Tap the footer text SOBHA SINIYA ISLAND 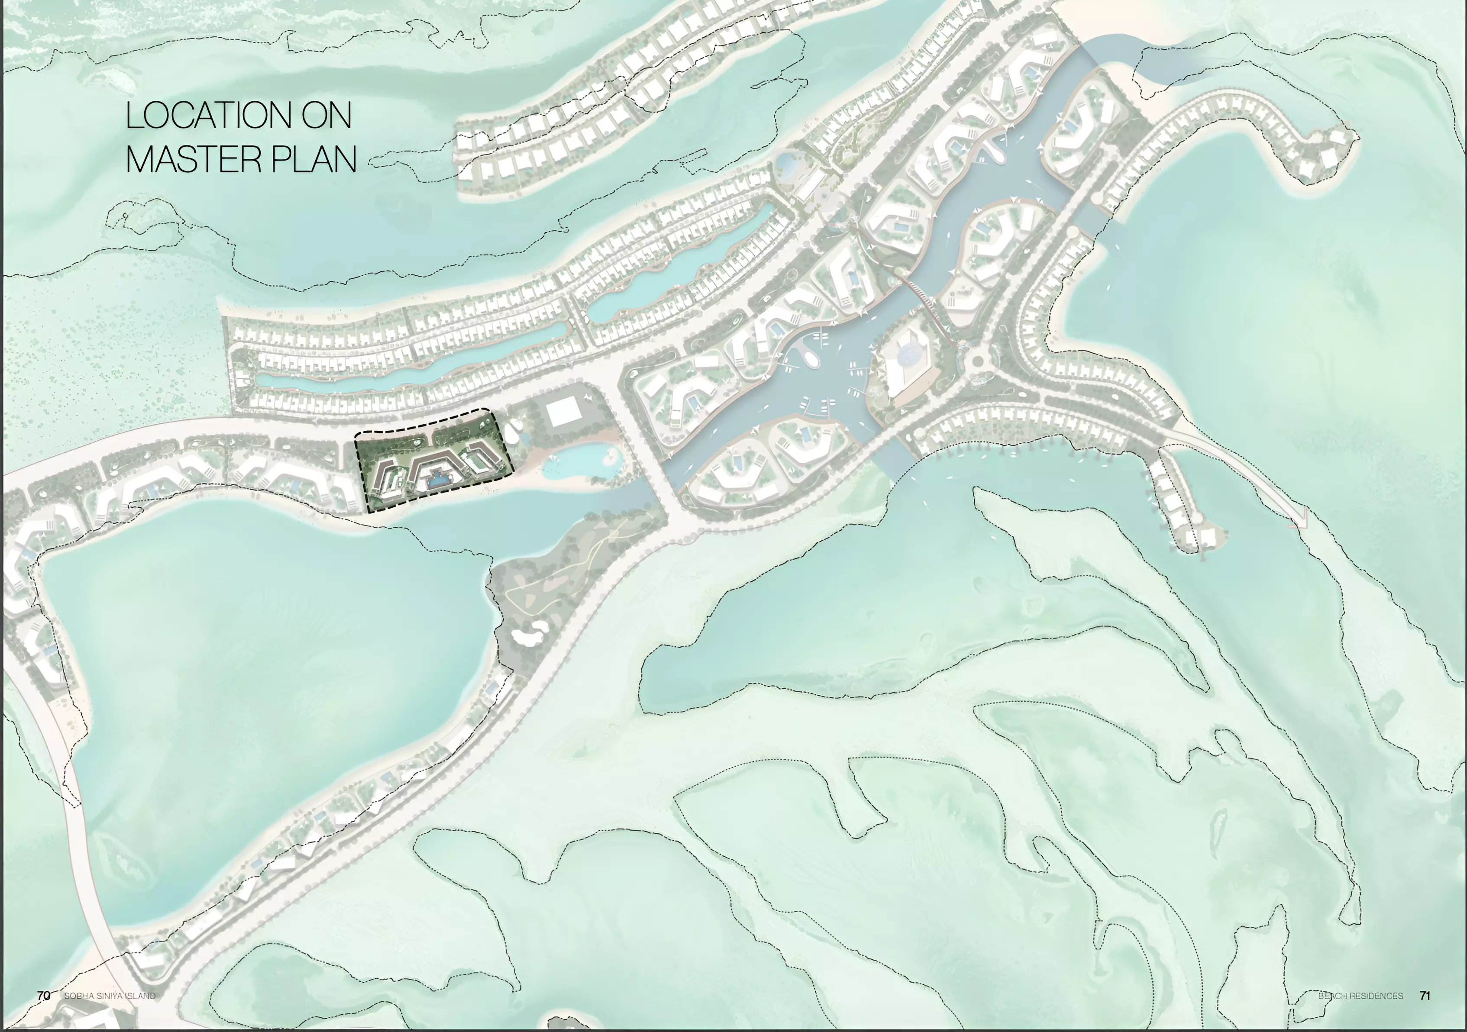(x=110, y=996)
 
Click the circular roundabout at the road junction (x=978, y=362)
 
